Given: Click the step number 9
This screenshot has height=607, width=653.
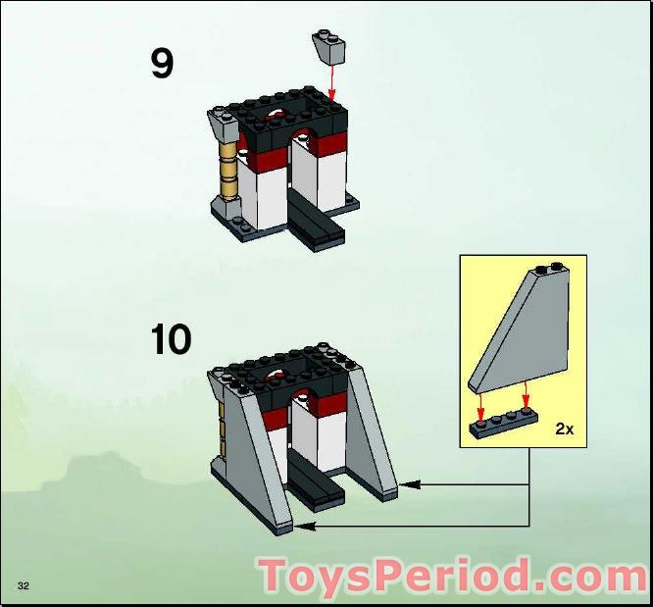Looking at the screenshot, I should click(162, 64).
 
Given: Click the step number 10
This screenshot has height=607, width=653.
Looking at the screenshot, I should click(171, 339).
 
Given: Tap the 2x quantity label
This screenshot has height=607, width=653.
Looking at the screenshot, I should click(564, 429).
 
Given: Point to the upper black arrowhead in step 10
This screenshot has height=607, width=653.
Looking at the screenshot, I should click(409, 483).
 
